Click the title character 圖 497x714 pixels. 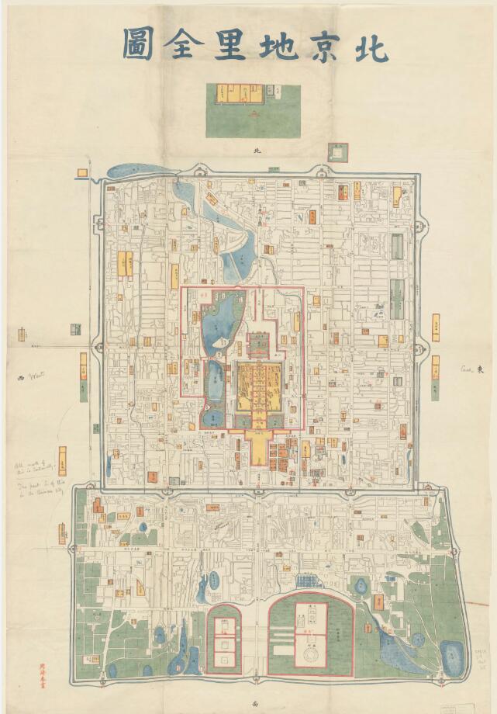click(136, 46)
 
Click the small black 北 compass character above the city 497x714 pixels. click(250, 152)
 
